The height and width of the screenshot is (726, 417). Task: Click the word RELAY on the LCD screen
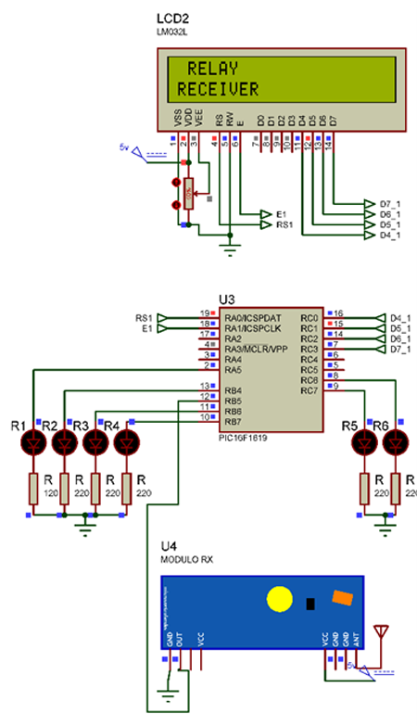point(212,69)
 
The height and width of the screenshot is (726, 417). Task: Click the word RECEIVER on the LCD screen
point(218,89)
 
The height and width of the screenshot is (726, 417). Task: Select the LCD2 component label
point(172,19)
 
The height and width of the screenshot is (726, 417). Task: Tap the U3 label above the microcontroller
point(227,299)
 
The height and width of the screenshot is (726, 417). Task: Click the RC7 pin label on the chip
point(309,388)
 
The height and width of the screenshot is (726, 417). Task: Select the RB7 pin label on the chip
point(233,421)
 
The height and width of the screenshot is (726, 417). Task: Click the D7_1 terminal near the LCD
point(390,203)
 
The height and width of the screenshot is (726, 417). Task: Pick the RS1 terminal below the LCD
point(284,224)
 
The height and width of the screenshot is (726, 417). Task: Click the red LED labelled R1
point(34,443)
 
